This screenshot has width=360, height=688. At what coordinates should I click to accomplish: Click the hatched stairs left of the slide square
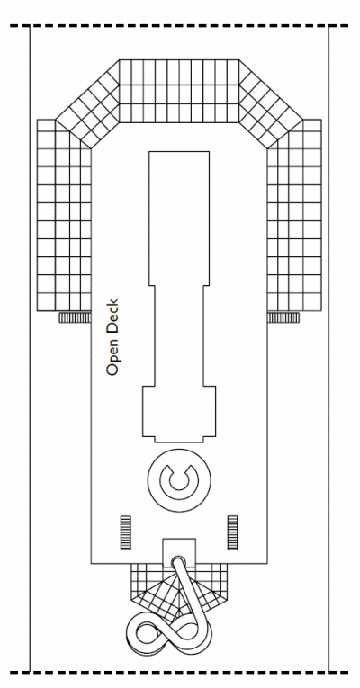point(126,532)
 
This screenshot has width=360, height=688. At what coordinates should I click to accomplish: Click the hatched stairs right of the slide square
point(233,532)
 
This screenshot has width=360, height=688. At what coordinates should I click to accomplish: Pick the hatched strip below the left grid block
point(75,317)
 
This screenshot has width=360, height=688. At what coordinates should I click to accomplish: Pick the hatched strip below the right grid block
point(283,317)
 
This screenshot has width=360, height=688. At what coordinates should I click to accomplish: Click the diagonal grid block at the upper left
point(88,103)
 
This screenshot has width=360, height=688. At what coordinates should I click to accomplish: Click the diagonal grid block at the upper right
point(271,103)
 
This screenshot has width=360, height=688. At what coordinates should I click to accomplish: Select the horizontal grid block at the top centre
point(179,91)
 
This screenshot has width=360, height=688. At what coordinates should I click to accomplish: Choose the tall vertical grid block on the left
point(64,215)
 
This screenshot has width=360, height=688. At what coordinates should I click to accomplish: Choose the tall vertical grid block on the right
point(294,215)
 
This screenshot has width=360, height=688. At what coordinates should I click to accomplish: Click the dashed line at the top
point(179,26)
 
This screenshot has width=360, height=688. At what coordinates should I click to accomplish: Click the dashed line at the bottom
point(179,672)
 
